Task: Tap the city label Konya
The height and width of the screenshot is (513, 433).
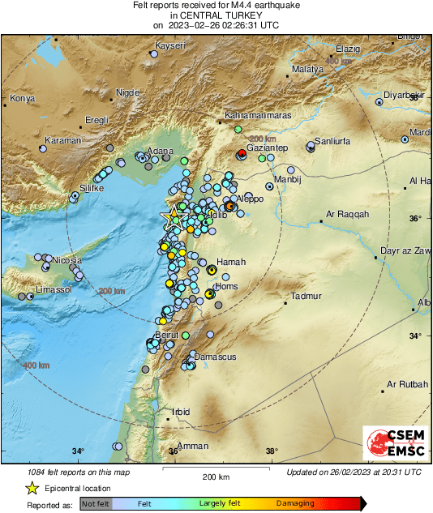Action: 21,100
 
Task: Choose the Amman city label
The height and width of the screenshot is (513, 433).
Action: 193,446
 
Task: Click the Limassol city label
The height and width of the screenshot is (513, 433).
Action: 54,289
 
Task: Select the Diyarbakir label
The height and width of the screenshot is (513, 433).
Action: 404,95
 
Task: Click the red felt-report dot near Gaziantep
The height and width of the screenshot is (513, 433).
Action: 241,153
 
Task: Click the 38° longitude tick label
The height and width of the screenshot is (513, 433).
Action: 271,451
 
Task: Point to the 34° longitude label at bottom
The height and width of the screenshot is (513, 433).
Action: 77,451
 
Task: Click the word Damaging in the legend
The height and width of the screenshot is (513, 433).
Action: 295,503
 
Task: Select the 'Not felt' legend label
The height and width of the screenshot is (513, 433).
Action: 96,503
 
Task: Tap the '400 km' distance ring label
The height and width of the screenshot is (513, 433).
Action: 35,366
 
